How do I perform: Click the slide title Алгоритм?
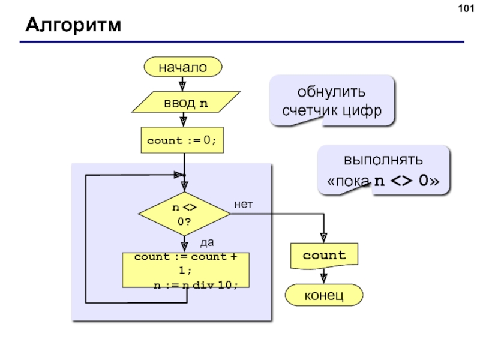[73, 26]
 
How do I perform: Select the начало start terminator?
[183, 68]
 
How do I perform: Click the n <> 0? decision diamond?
[184, 214]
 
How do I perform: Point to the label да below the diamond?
[206, 243]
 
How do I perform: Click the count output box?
[324, 256]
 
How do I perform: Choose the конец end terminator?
[324, 295]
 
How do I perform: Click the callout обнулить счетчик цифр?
[332, 101]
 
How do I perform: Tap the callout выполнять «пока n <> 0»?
[383, 170]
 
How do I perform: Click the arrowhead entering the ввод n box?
[183, 86]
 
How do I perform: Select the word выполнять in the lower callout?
[383, 161]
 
